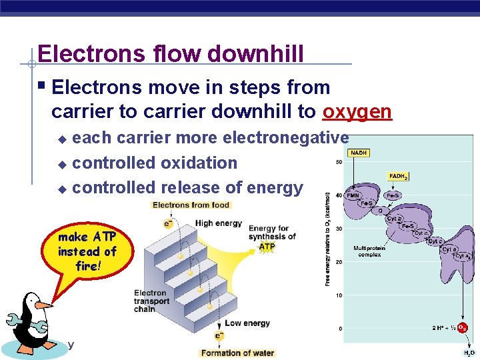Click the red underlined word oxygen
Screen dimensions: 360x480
(x=357, y=111)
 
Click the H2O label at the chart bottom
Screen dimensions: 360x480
(x=469, y=353)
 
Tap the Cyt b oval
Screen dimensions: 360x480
(x=395, y=218)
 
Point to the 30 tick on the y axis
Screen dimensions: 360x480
(x=339, y=229)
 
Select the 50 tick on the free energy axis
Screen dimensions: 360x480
(x=339, y=162)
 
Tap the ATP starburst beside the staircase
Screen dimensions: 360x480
(x=267, y=246)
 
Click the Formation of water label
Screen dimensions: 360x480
(x=237, y=353)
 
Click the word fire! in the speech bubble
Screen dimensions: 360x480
(x=87, y=266)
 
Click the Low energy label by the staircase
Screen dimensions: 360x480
(x=247, y=323)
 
